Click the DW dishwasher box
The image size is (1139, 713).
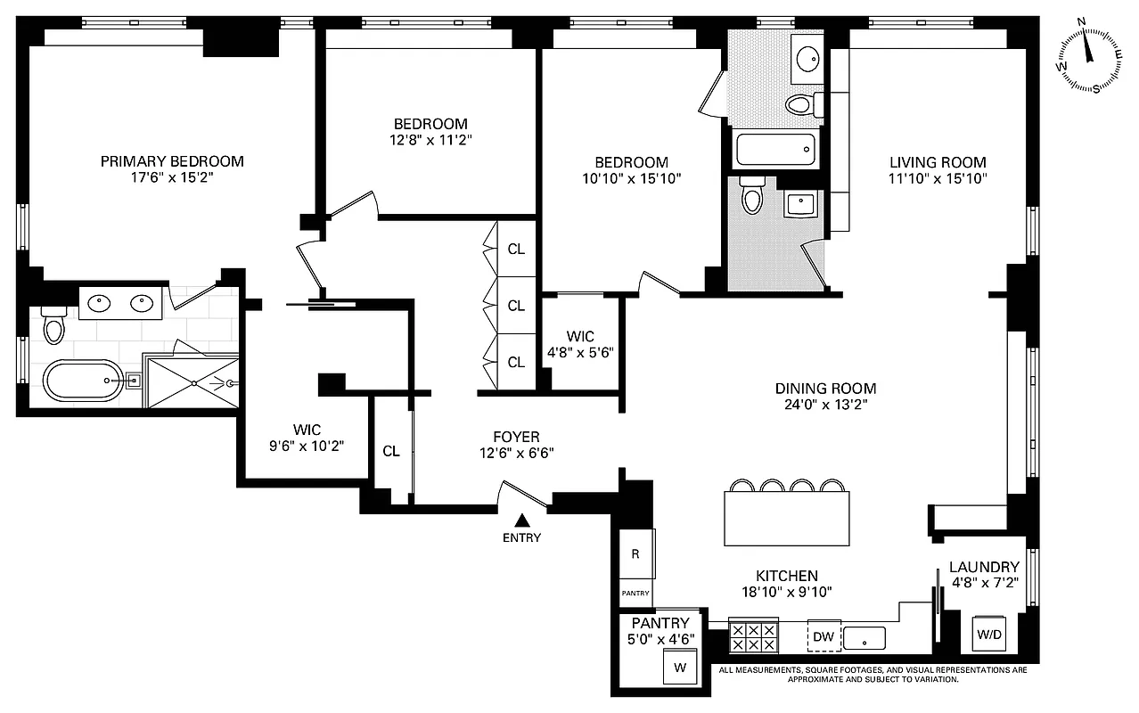point(824,636)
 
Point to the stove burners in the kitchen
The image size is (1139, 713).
point(753,636)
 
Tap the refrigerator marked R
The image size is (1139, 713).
point(635,553)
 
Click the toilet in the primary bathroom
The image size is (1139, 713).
point(54,324)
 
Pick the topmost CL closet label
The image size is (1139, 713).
point(516,249)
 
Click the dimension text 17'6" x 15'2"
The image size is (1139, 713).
point(171,177)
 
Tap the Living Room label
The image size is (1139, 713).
point(938,162)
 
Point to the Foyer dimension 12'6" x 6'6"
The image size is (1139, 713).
point(516,453)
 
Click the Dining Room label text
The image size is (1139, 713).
point(825,389)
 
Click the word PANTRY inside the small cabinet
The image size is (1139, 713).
point(635,593)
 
